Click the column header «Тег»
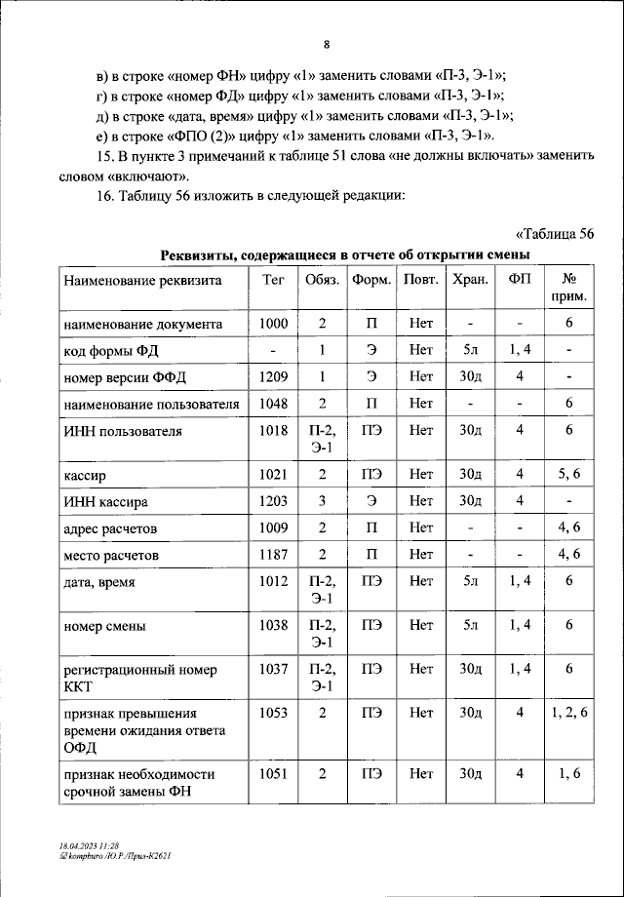point(274,280)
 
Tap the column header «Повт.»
point(421,280)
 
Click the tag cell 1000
point(274,323)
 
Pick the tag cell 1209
point(274,375)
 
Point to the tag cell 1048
point(274,402)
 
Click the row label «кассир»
point(85,475)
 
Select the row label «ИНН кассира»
point(105,501)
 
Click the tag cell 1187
point(274,554)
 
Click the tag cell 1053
point(274,713)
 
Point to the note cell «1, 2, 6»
point(568,713)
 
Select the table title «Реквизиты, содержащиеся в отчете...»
point(345,254)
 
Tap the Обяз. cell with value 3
point(322,501)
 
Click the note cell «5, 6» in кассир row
point(568,475)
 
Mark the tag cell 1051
point(274,773)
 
